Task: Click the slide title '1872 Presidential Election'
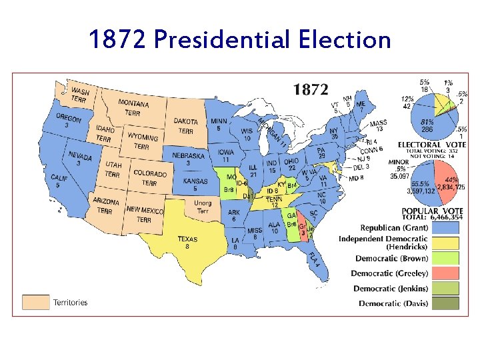(239, 40)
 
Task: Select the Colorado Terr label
(149, 177)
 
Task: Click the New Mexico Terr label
(144, 213)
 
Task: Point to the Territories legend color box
(36, 303)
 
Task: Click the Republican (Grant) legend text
(394, 228)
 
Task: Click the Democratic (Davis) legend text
(393, 304)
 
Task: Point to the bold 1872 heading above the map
(311, 89)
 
